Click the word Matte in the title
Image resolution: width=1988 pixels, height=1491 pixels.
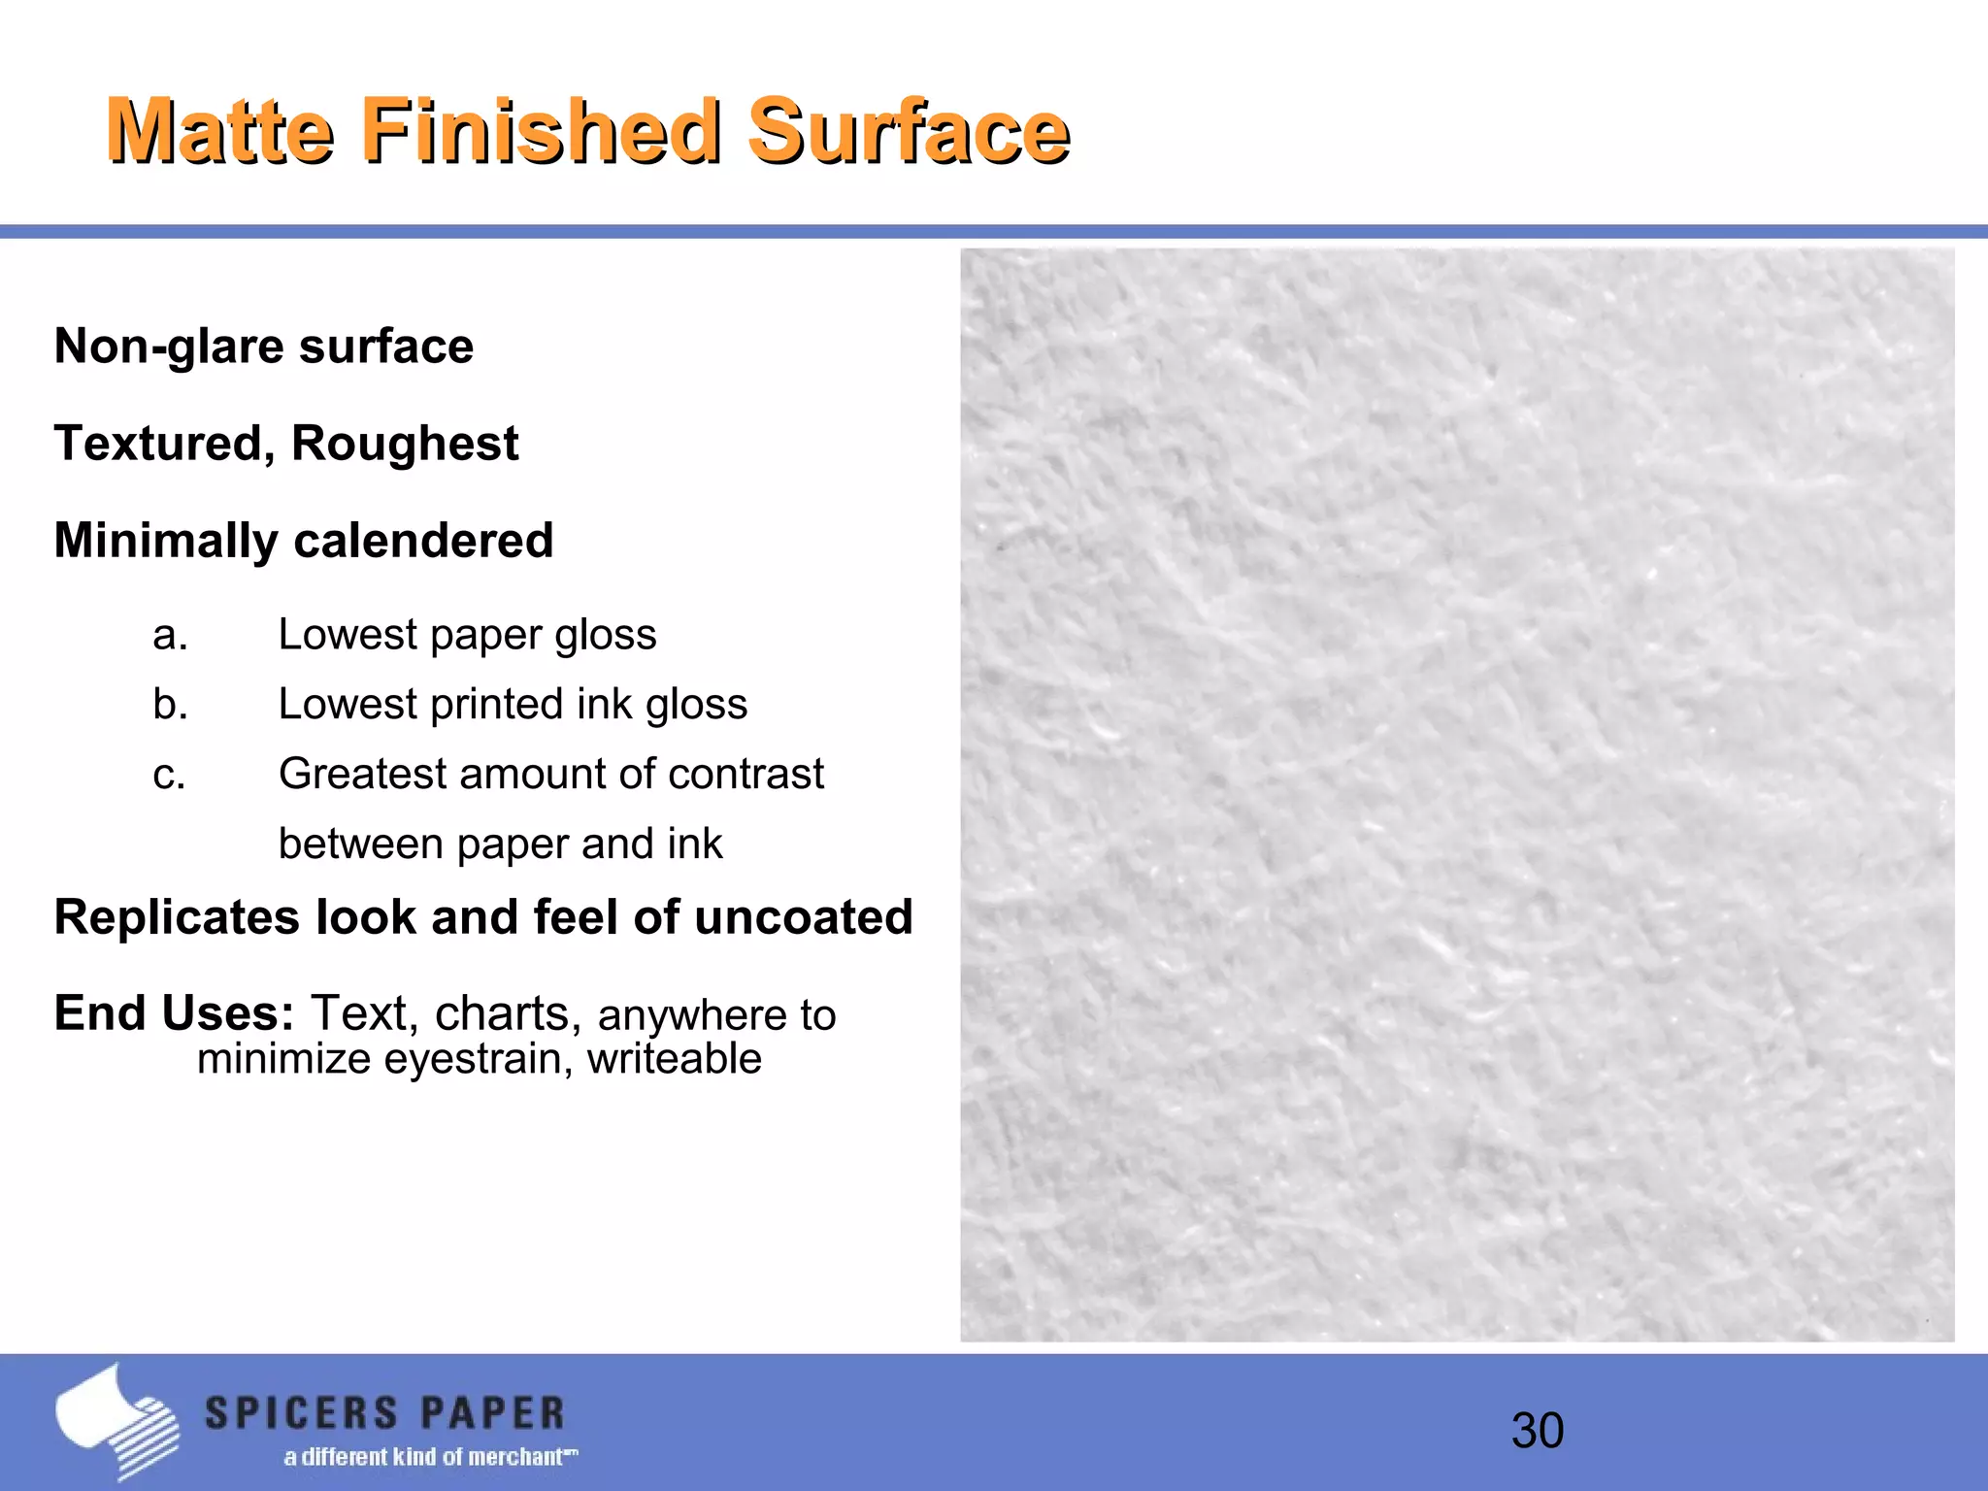[220, 131]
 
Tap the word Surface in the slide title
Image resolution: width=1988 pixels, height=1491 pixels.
[909, 131]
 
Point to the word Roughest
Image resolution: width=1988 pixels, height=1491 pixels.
[405, 445]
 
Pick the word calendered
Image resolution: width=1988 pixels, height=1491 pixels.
[423, 541]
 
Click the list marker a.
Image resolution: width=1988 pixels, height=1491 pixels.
[170, 636]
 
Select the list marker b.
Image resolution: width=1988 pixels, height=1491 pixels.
[170, 705]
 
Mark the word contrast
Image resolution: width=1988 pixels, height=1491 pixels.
[745, 775]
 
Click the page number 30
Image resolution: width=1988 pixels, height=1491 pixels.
[1537, 1431]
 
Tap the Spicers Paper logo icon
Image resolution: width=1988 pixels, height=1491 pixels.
[116, 1420]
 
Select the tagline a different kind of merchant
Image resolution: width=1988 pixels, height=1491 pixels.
[430, 1457]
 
